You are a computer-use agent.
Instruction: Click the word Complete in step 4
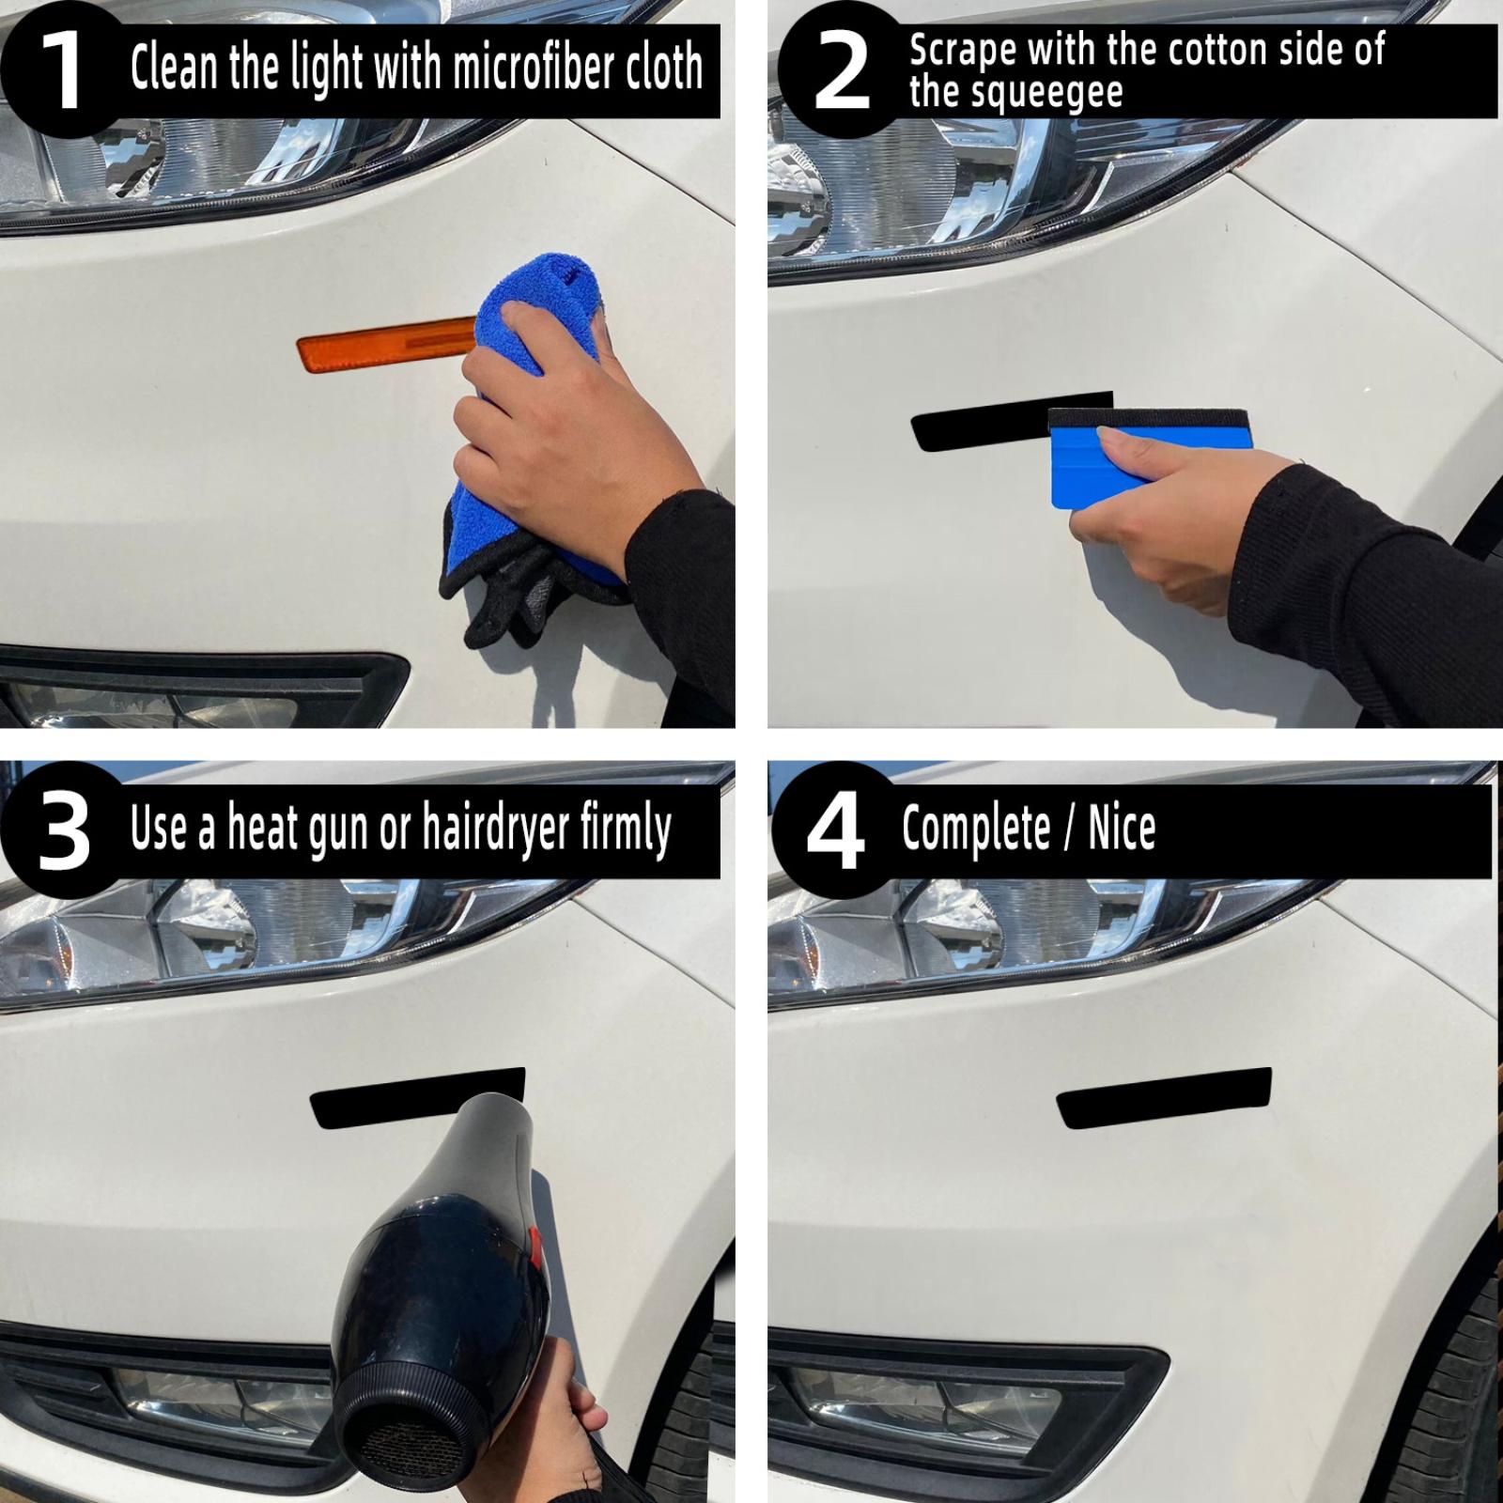coord(976,829)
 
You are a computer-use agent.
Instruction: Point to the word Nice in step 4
coord(1122,828)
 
